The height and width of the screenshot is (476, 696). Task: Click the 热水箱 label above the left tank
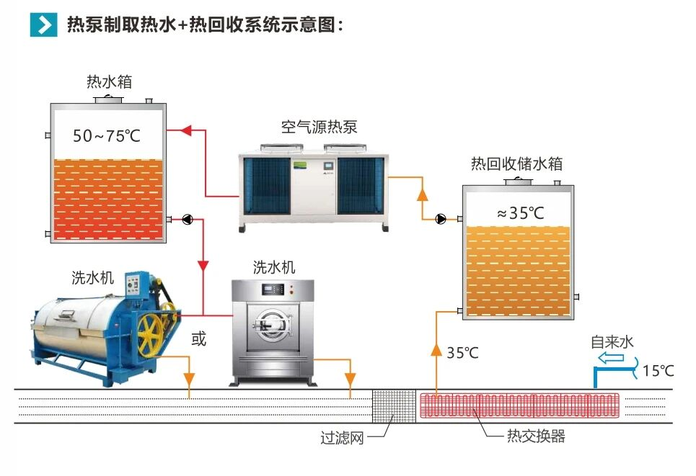[x=109, y=81]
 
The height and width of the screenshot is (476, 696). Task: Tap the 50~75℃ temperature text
[x=107, y=135]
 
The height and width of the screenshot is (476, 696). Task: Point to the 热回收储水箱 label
[x=516, y=163]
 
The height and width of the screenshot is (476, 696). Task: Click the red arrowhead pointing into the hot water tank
[x=185, y=130]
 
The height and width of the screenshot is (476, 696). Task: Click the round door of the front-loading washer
[x=273, y=324]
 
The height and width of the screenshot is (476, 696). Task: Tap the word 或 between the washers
[x=198, y=338]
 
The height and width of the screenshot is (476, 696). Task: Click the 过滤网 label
[x=342, y=437]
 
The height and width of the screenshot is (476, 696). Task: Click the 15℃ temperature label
[x=658, y=372]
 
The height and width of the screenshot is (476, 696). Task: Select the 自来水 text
[x=612, y=341]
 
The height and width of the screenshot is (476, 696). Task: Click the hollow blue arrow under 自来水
[x=612, y=357]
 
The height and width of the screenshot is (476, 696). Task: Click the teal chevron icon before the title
[x=43, y=24]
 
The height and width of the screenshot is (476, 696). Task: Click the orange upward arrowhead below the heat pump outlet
[x=423, y=194]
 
